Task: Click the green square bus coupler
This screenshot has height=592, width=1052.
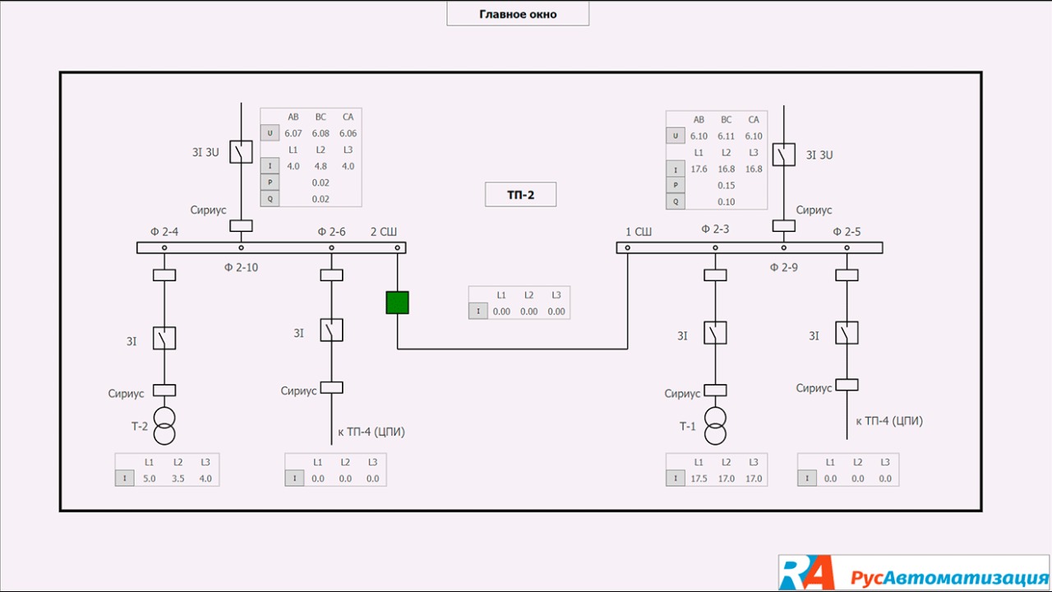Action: (397, 303)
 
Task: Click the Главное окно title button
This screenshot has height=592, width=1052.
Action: (518, 14)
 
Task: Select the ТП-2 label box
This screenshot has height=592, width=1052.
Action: (520, 194)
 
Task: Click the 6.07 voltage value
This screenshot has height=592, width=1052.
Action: (293, 133)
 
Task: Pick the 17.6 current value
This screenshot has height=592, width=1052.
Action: (699, 169)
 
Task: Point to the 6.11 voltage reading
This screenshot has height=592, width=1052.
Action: (727, 136)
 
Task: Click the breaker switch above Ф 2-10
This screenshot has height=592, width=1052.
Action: (241, 152)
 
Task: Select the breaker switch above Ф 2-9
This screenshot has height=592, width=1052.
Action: (783, 155)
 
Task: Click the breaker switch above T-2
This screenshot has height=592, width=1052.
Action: (164, 338)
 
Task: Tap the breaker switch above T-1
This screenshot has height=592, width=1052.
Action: (715, 333)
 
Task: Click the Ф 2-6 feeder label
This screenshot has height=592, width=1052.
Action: (332, 232)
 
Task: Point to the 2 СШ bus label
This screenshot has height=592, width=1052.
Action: (384, 232)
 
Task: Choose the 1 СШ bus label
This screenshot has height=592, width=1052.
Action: (639, 232)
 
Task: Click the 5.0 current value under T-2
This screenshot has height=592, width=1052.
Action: (149, 479)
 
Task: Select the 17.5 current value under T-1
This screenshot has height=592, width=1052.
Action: (699, 479)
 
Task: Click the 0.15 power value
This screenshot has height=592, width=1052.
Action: (726, 186)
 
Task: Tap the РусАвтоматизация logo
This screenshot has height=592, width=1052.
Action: (914, 573)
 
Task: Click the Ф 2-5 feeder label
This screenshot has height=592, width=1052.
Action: (847, 232)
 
